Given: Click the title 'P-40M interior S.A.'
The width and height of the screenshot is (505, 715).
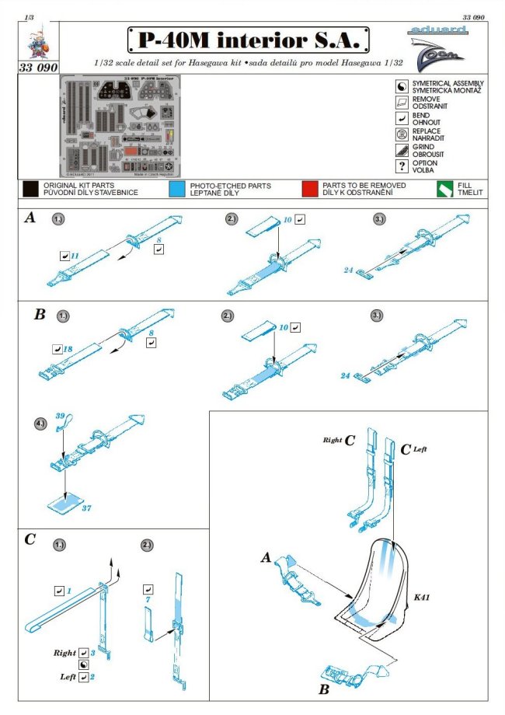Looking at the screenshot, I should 248,39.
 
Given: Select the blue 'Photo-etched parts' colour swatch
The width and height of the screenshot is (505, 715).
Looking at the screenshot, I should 176,189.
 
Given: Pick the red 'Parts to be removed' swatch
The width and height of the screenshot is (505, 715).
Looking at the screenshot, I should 310,189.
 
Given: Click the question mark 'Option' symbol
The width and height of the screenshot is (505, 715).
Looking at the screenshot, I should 402,166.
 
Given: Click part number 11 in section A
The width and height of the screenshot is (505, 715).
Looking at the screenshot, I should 75,254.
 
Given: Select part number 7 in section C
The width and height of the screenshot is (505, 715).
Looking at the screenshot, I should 148,600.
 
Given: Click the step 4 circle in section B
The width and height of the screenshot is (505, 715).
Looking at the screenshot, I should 61,425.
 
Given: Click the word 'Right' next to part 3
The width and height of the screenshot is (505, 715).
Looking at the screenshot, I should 65,654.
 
